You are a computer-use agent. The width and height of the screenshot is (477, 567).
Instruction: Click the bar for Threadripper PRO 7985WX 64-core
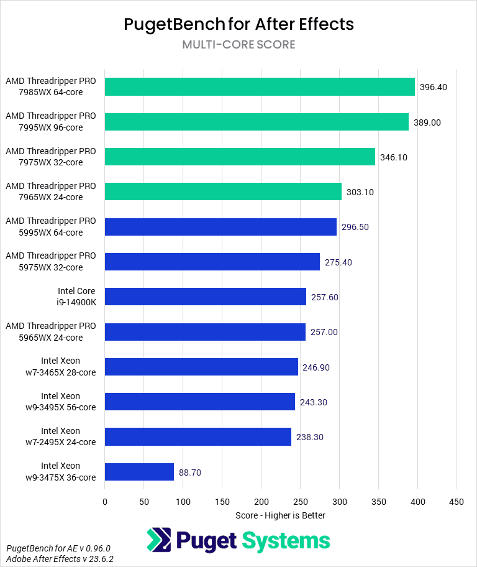[260, 87]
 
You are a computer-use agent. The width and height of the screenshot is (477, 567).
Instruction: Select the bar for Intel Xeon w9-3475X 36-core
[139, 472]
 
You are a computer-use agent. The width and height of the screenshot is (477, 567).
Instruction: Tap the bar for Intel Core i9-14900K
[206, 297]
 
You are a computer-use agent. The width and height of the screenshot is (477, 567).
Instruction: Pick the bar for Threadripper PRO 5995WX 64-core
[220, 227]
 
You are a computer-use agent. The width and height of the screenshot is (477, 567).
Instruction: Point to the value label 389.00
[427, 122]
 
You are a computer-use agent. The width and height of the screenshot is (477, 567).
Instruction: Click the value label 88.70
[190, 472]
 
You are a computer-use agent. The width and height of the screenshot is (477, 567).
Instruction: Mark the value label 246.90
[316, 367]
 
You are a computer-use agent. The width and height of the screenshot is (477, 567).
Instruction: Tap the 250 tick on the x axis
[300, 501]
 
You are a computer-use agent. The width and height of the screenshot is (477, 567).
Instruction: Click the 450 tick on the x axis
[457, 501]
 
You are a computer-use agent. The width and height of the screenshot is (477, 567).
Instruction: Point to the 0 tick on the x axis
[105, 501]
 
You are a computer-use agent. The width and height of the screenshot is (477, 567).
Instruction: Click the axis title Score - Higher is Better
[280, 515]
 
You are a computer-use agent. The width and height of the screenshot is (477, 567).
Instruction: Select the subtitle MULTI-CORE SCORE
[238, 45]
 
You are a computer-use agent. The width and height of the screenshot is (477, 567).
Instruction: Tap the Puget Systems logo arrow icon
[159, 540]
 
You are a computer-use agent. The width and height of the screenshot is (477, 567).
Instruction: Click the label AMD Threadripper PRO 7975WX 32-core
[51, 157]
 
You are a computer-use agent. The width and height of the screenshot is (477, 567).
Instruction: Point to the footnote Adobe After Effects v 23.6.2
[60, 559]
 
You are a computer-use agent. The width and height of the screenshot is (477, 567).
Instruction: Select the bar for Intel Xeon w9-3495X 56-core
[200, 402]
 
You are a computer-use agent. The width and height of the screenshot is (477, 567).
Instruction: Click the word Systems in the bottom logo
[286, 540]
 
